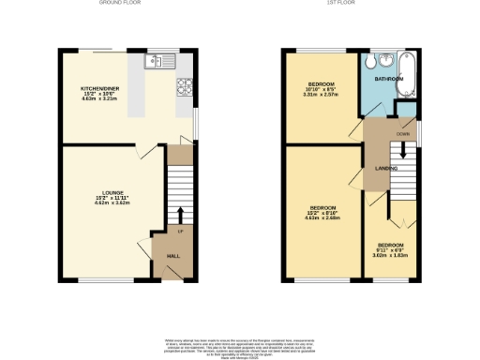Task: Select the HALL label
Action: pos(173,255)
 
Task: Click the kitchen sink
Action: pos(155,62)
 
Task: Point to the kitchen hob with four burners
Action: pos(184,86)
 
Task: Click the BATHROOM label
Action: pos(388,80)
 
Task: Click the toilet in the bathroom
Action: pos(374,61)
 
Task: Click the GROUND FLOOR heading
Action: pos(119,4)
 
